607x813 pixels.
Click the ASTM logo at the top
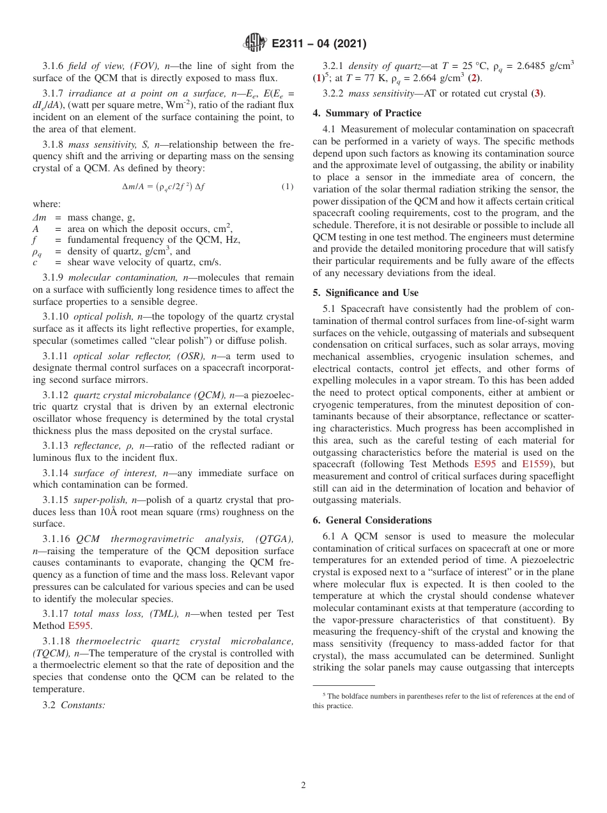(x=254, y=43)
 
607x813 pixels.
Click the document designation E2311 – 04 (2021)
(x=319, y=43)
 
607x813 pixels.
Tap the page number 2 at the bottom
(x=303, y=785)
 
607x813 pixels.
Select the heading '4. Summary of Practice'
(x=367, y=113)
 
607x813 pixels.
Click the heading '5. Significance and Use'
(x=365, y=293)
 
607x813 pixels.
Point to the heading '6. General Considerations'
(x=372, y=520)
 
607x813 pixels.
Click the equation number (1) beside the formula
(x=287, y=187)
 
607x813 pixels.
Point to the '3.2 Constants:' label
(x=74, y=705)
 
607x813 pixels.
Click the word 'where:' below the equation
(x=47, y=204)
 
